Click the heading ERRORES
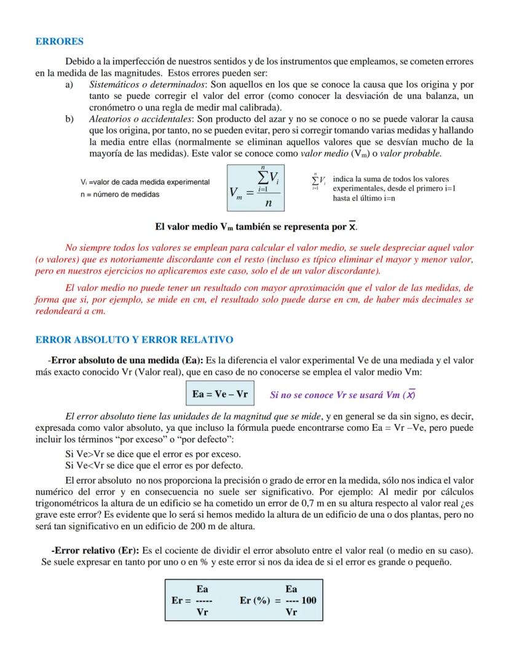click(x=59, y=42)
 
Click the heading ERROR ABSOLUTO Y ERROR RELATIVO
click(x=134, y=340)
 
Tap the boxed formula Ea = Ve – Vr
click(x=220, y=394)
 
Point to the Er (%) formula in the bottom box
click(x=278, y=601)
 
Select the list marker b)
click(x=69, y=119)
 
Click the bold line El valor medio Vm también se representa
click(x=256, y=227)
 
